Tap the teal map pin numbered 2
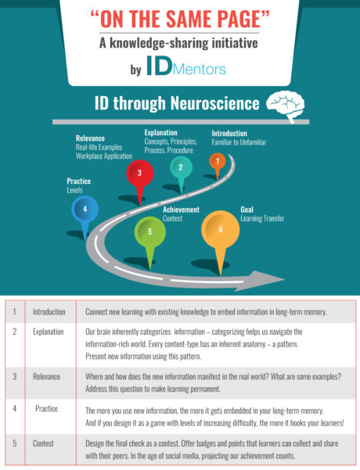[181, 170]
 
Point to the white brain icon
[286, 106]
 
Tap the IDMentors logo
[186, 66]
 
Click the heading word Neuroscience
[214, 103]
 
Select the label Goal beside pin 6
[247, 210]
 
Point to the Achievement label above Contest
[181, 210]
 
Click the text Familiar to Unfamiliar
[239, 142]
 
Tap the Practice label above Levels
[79, 181]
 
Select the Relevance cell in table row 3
[46, 377]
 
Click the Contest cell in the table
[43, 443]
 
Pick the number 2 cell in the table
[14, 332]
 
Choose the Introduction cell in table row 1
[49, 312]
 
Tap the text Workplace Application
[104, 156]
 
